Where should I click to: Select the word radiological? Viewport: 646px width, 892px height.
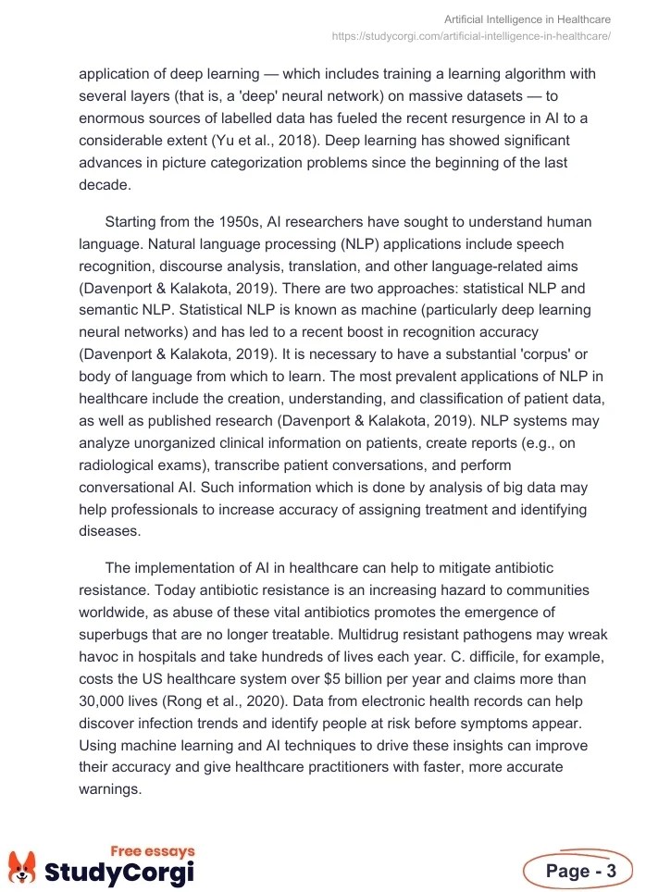tap(123, 465)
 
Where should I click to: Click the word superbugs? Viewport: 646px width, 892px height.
tap(118, 635)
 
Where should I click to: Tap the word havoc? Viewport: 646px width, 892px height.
tap(100, 657)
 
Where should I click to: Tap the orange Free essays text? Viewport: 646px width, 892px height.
tap(153, 851)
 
